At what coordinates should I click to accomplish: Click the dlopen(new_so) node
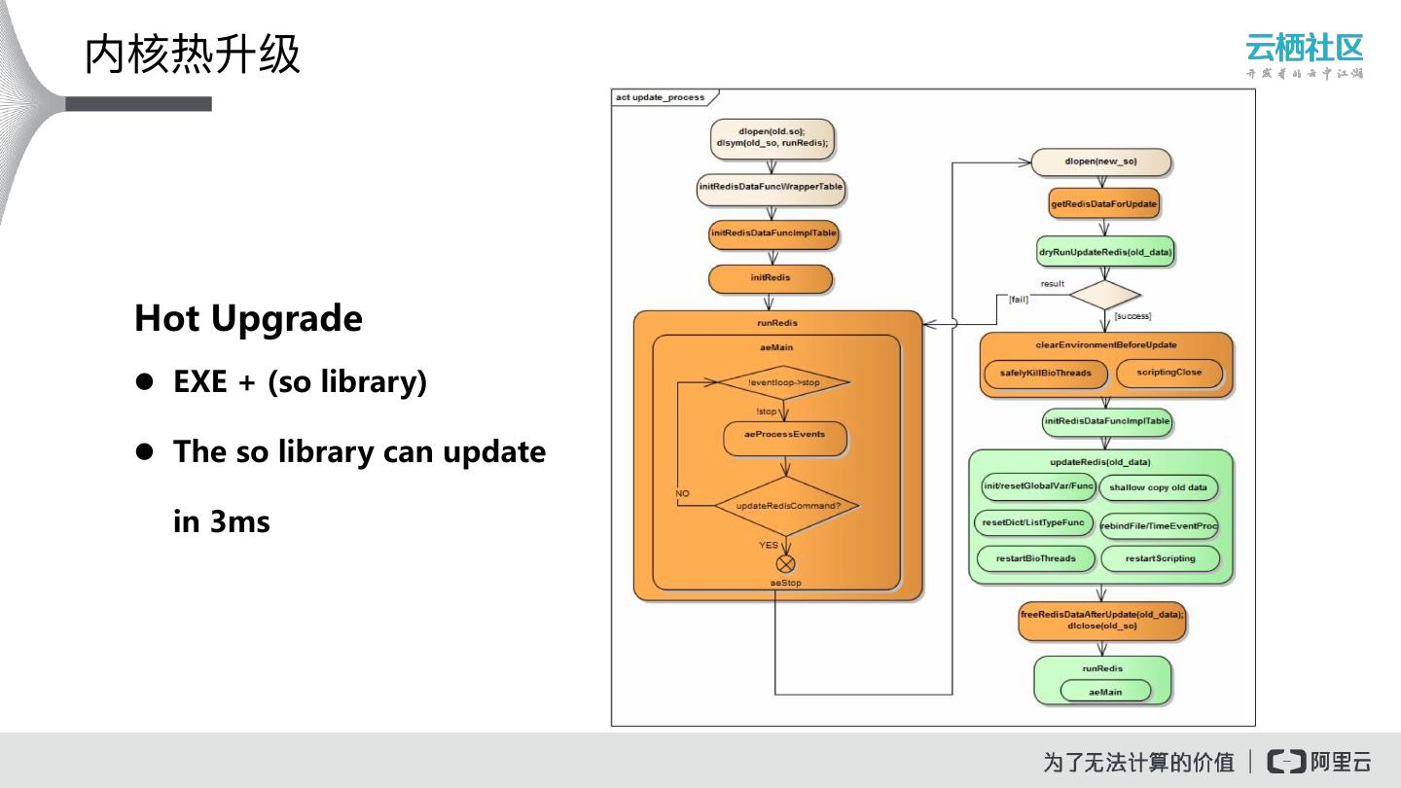pyautogui.click(x=1100, y=161)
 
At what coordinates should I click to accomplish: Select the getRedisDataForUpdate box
pyautogui.click(x=1104, y=204)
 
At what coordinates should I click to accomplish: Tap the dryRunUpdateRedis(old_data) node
pyautogui.click(x=1105, y=251)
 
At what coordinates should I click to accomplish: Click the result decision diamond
pyautogui.click(x=1104, y=295)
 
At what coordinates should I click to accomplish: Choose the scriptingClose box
pyautogui.click(x=1168, y=373)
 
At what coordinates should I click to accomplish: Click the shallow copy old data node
pyautogui.click(x=1158, y=487)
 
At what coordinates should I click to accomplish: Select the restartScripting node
pyautogui.click(x=1159, y=558)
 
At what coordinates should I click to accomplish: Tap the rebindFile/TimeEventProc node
pyautogui.click(x=1159, y=526)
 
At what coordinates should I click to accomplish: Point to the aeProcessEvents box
pyautogui.click(x=784, y=435)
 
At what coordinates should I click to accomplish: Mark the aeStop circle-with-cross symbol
pyautogui.click(x=785, y=564)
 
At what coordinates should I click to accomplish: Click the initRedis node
pyautogui.click(x=771, y=278)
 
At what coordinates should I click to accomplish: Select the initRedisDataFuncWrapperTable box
pyautogui.click(x=771, y=188)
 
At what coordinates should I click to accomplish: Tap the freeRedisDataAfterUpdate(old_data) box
pyautogui.click(x=1101, y=621)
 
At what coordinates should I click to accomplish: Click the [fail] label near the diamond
pyautogui.click(x=1019, y=300)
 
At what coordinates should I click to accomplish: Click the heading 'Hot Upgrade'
pyautogui.click(x=248, y=318)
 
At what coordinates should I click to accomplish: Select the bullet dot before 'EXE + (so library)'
pyautogui.click(x=145, y=381)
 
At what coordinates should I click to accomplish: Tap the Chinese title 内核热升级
pyautogui.click(x=193, y=54)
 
